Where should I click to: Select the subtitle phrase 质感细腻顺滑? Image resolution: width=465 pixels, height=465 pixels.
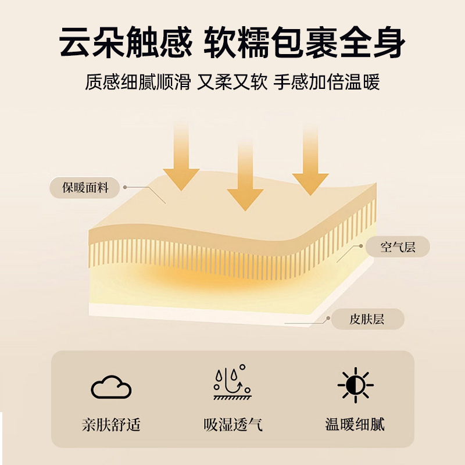[138, 83]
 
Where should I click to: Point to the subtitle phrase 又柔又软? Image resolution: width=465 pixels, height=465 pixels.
[232, 83]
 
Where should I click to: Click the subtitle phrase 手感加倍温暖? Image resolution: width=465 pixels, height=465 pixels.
[327, 83]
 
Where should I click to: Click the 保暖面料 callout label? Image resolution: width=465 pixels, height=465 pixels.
[85, 188]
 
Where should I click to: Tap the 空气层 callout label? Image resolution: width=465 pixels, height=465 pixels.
[398, 247]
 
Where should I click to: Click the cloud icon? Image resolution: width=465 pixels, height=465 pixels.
[111, 386]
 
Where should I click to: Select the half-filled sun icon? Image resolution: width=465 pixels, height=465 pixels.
[355, 384]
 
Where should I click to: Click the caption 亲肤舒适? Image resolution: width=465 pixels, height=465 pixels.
[111, 425]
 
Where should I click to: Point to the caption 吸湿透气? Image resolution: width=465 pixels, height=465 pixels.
[233, 425]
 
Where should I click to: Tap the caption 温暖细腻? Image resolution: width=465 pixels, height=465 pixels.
[355, 425]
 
